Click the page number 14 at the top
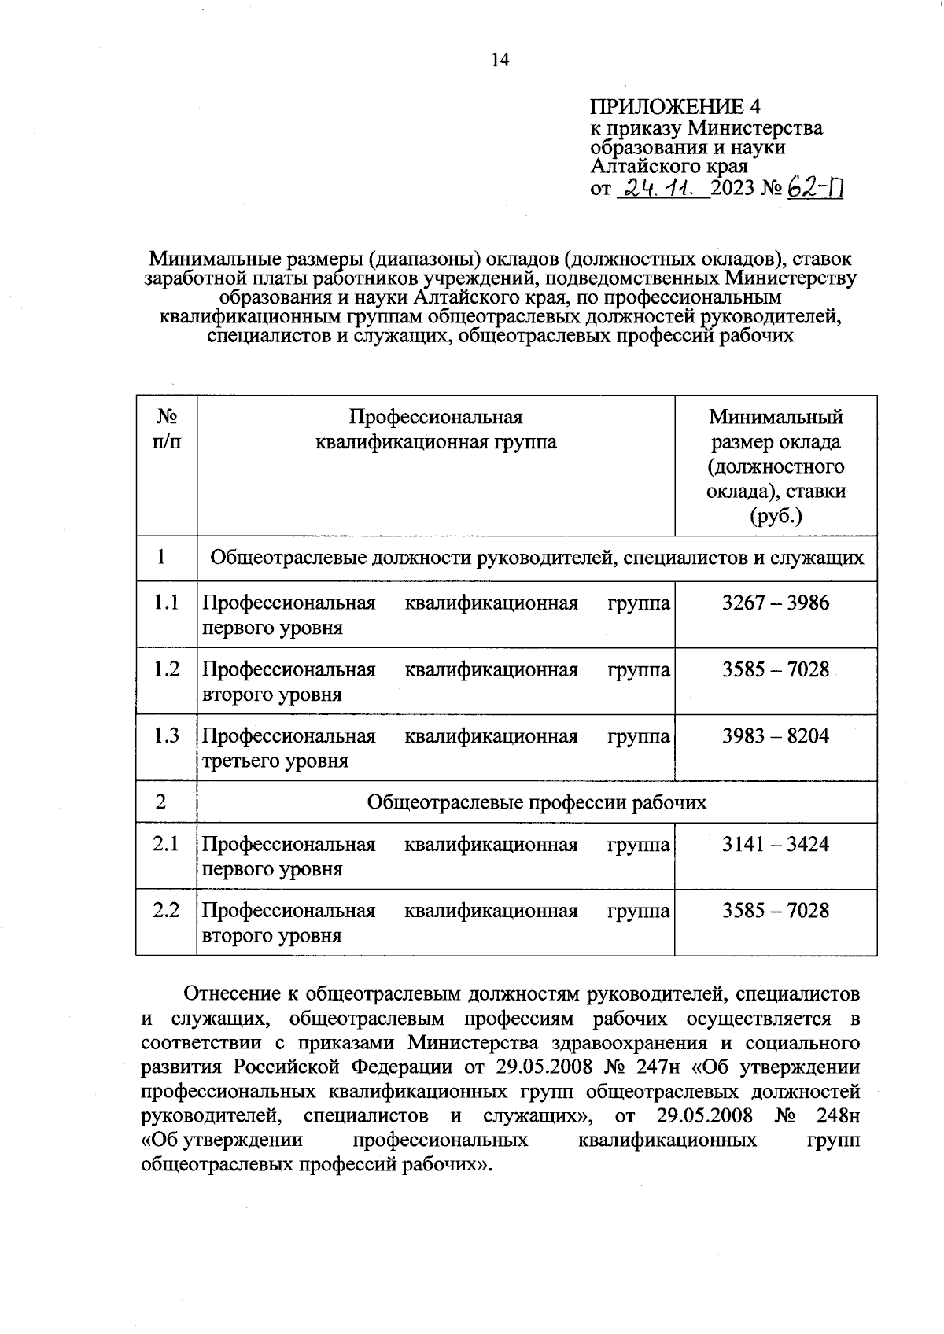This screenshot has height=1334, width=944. point(500,60)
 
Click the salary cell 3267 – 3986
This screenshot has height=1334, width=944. point(776,603)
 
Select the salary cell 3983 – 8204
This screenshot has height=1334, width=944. point(776,736)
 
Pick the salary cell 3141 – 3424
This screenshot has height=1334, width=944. point(776,844)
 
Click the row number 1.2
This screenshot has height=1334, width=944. point(166,669)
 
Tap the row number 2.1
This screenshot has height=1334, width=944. point(166,844)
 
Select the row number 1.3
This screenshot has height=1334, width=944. point(166,736)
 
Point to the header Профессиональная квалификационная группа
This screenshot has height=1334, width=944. point(435,429)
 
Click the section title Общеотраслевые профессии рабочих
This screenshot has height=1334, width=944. point(537,802)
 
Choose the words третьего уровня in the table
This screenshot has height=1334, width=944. point(275,761)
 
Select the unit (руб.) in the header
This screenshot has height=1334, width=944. point(776,517)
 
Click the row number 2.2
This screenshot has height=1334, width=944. point(166,910)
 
